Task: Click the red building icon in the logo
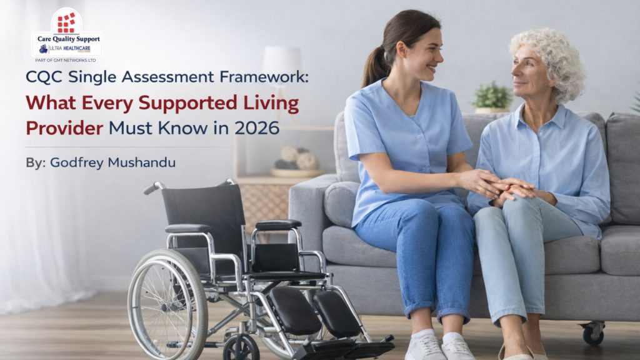(x=66, y=22)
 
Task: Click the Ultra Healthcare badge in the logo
(x=66, y=49)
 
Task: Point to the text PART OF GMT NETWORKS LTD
(x=66, y=61)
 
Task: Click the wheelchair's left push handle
(x=152, y=187)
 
